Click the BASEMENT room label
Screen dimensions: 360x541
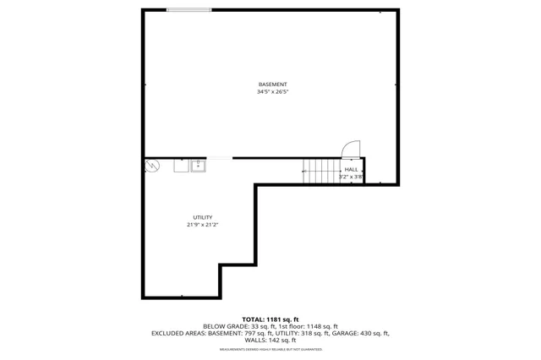[272, 85]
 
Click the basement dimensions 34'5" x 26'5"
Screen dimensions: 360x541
[272, 92]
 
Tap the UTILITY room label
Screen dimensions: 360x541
[202, 217]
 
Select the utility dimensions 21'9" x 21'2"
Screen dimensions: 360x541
[202, 225]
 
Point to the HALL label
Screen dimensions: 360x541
[350, 170]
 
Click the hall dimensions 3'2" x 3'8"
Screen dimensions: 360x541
[351, 177]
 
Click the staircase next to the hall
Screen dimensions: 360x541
[320, 172]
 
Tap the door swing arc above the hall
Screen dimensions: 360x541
[348, 149]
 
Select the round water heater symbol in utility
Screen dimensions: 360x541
[152, 166]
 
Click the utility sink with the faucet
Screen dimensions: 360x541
[199, 166]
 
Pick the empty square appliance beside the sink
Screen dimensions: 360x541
[181, 166]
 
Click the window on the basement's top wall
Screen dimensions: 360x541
[188, 10]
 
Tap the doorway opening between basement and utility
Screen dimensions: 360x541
[220, 158]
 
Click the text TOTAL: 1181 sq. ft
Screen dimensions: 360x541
[270, 319]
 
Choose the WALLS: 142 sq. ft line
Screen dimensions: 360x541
[270, 340]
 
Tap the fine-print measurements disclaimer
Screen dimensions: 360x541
[270, 349]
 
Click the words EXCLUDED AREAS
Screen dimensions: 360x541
[178, 333]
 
